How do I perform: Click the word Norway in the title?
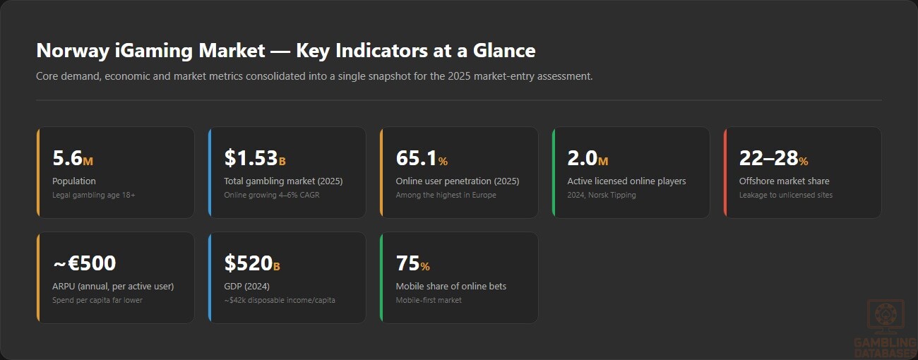point(73,51)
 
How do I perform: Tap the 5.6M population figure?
point(73,158)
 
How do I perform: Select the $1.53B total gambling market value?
point(255,158)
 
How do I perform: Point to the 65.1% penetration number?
point(422,158)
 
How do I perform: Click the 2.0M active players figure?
point(588,158)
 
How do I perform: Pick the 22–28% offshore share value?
point(774,158)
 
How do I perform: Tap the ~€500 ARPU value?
point(85,263)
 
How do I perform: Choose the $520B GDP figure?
point(252,263)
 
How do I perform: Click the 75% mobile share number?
point(412,263)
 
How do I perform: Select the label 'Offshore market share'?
point(784,181)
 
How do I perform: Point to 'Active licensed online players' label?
point(626,181)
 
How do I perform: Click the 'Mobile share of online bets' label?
point(451,287)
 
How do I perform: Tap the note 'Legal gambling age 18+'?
point(93,195)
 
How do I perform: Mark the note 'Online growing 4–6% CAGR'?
point(271,195)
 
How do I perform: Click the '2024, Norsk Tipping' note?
point(602,195)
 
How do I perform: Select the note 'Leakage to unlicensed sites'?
point(786,195)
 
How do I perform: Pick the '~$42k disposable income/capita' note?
point(279,300)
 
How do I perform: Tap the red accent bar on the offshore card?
point(725,172)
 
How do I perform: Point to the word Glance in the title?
point(504,51)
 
